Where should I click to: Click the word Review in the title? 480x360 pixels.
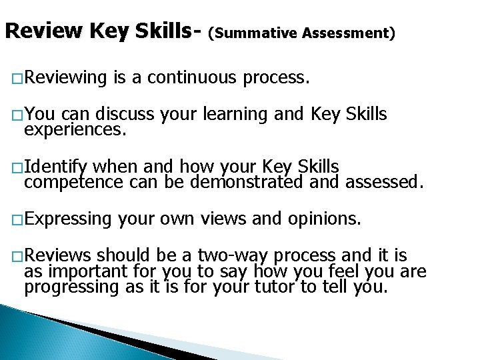pyautogui.click(x=43, y=31)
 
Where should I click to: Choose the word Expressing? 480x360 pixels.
pyautogui.click(x=68, y=217)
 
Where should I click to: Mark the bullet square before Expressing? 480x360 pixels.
pyautogui.click(x=17, y=219)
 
